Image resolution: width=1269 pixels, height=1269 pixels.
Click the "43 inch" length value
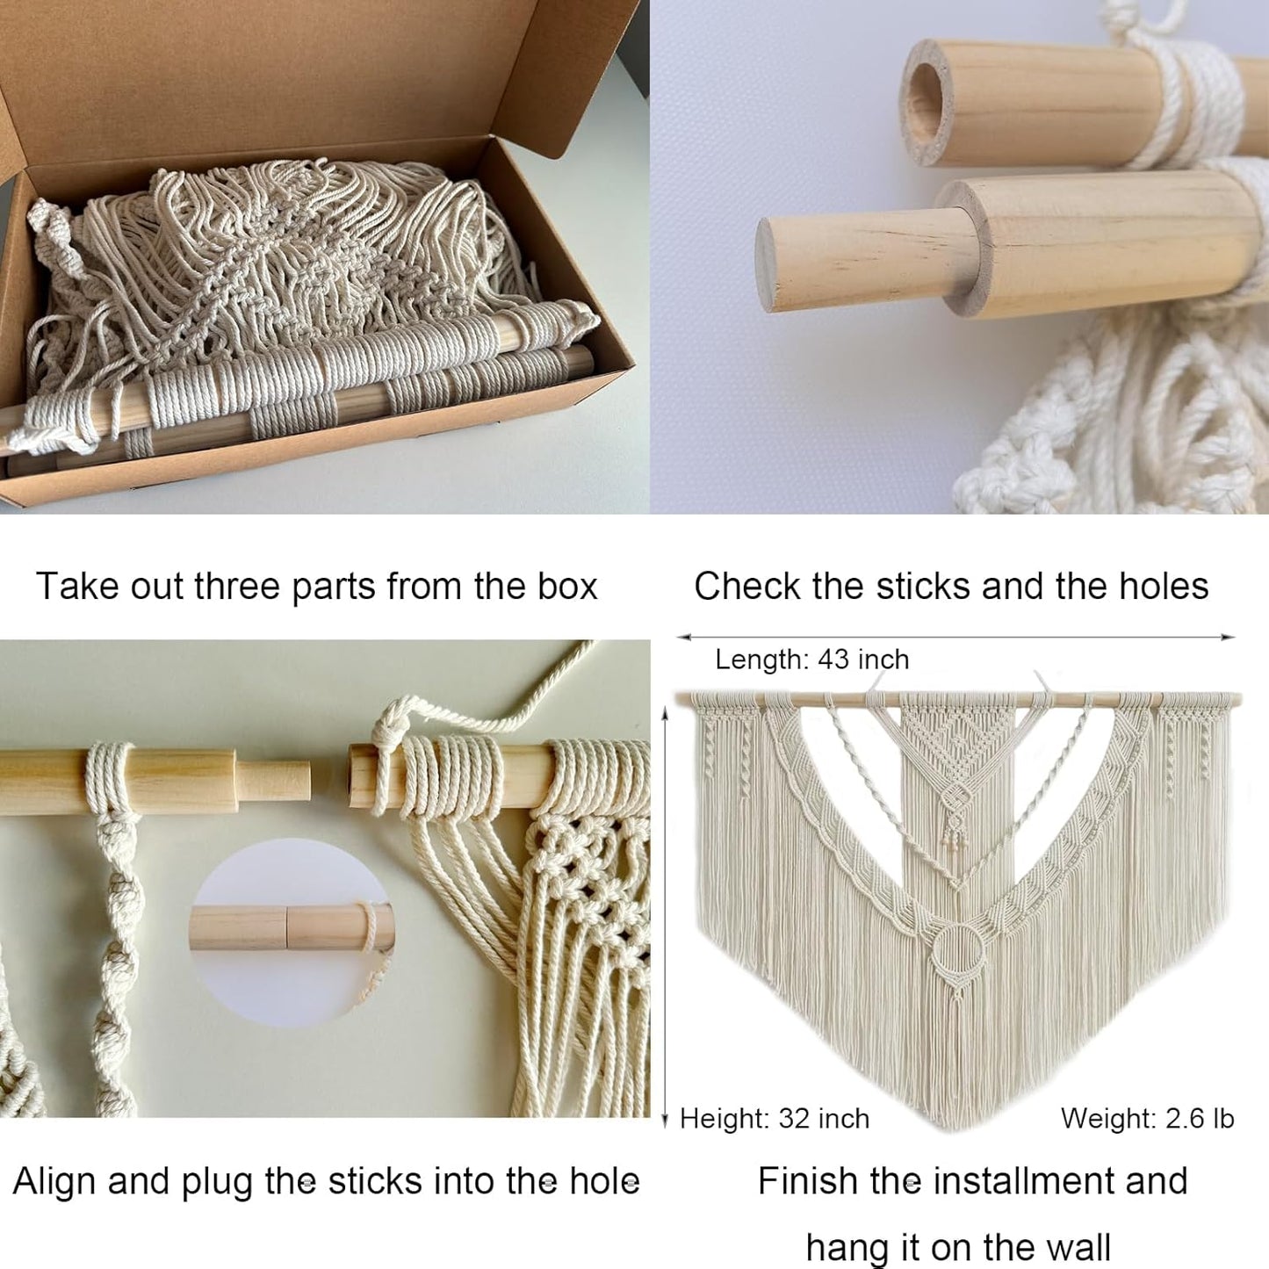[x=863, y=660]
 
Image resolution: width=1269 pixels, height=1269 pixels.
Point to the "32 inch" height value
[x=824, y=1119]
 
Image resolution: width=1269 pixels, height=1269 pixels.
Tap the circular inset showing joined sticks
[x=291, y=933]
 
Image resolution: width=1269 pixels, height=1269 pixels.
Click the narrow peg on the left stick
[x=273, y=781]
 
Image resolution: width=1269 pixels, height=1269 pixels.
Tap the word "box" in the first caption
[x=567, y=586]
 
